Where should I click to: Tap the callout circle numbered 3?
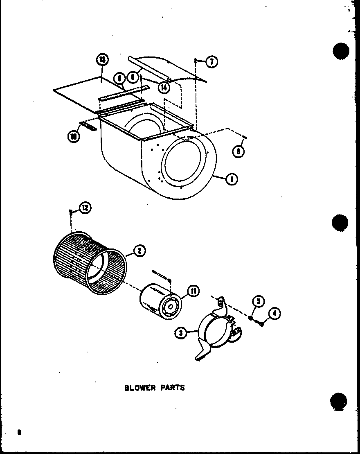click(x=180, y=333)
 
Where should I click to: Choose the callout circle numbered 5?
click(x=258, y=302)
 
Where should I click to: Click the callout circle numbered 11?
click(x=193, y=291)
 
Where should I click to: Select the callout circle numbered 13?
click(x=102, y=60)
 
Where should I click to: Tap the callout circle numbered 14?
click(x=164, y=87)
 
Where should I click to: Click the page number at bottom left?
click(x=19, y=433)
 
